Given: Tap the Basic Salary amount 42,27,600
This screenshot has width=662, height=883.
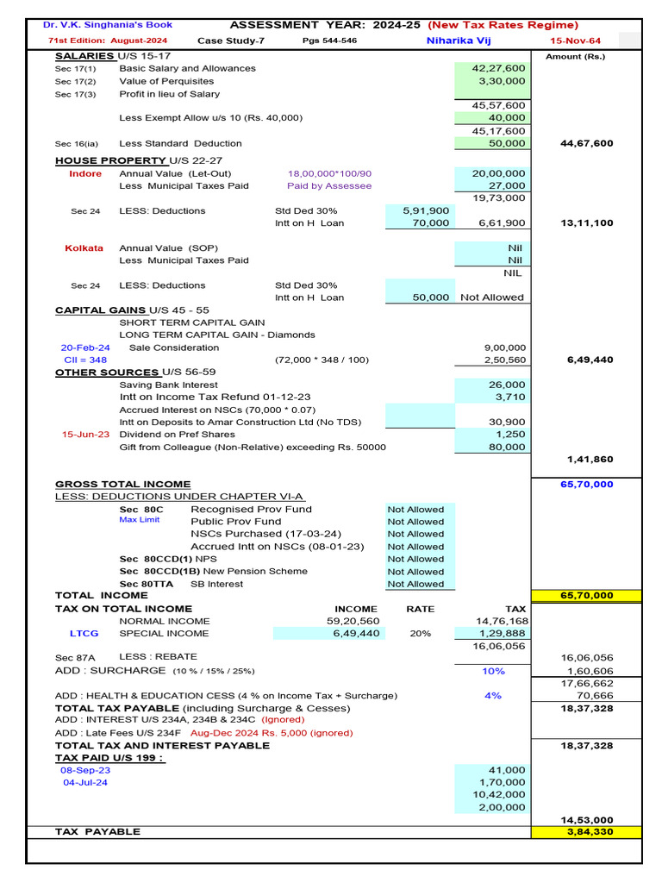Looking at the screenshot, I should tap(498, 68).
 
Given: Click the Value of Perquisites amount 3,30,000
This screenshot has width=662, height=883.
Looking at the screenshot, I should tap(502, 81).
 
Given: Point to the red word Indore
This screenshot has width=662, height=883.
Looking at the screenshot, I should tap(85, 173).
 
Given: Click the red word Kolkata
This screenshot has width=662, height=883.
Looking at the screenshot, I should tap(84, 247).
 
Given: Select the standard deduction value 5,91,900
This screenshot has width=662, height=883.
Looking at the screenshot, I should tap(426, 210).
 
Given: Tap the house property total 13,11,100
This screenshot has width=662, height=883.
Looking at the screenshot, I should tap(586, 222).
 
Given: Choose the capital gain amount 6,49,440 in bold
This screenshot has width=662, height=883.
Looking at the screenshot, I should tap(590, 360).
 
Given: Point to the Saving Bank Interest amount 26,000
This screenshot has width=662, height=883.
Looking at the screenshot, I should tap(507, 385).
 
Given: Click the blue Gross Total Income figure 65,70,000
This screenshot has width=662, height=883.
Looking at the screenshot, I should tap(586, 485).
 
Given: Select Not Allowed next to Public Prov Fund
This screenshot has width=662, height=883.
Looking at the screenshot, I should tap(415, 522).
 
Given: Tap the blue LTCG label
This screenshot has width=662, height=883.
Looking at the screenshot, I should tap(84, 633).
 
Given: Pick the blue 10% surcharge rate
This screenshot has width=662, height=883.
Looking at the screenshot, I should tap(493, 671).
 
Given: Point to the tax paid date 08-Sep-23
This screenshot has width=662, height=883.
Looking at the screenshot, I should tap(84, 770).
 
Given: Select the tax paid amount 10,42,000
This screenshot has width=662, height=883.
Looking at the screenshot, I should tap(498, 795).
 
